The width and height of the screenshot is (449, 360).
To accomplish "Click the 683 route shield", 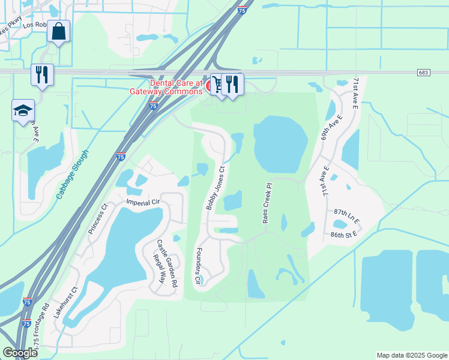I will coord(424,72).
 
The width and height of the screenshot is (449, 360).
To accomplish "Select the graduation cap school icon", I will coord(23,110).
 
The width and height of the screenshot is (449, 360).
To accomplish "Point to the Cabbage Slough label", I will coord(72,174).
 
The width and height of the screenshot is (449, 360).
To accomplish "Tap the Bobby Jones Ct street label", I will coord(215,188).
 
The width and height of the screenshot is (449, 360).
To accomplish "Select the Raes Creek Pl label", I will coord(268,203).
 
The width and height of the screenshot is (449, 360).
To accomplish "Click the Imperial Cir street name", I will coord(143,203).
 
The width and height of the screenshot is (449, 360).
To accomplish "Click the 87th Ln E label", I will coord(347,217).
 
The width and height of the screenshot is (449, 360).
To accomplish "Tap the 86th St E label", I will coord(344,235).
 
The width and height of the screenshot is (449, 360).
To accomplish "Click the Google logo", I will coord(20,353).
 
